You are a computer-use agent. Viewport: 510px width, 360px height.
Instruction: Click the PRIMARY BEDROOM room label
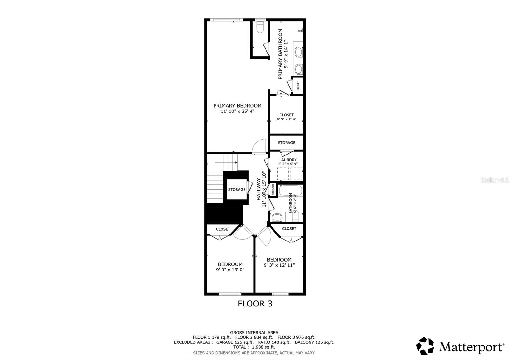tap(237, 106)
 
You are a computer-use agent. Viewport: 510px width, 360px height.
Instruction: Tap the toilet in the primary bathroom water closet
tap(260, 28)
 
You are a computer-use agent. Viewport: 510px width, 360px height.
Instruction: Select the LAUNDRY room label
tap(288, 160)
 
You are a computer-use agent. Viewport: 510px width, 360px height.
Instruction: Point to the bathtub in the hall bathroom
tap(290, 191)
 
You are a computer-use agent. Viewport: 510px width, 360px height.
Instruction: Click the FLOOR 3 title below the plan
tap(255, 304)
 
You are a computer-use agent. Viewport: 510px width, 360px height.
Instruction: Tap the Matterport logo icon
tap(425, 346)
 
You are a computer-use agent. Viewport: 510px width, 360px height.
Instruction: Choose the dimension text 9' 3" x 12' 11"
tap(279, 265)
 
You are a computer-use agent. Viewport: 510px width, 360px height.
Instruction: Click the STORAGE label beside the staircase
tap(237, 190)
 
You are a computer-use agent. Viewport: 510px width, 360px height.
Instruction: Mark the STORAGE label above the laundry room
tap(286, 143)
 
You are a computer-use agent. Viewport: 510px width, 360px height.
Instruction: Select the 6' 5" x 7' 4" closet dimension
tap(286, 119)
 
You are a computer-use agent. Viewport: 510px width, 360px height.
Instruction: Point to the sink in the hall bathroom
tap(277, 218)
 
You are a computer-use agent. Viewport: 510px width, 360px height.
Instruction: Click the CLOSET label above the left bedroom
tap(223, 229)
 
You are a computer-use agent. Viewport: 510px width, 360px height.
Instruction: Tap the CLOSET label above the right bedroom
tap(289, 229)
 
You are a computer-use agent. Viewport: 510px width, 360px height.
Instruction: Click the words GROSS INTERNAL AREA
tap(254, 333)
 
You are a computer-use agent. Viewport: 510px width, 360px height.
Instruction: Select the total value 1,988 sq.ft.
tap(260, 347)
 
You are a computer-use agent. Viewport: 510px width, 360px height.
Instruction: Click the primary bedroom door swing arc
tap(259, 146)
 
